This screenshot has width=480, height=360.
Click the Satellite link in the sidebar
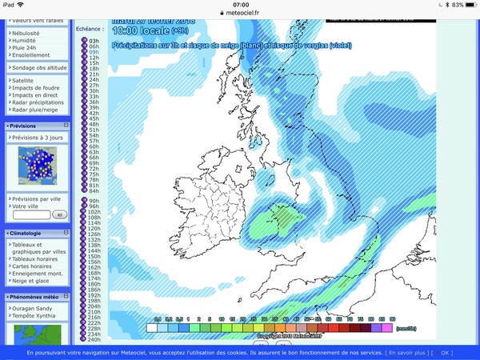(x=23, y=81)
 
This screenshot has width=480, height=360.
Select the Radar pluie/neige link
(x=34, y=110)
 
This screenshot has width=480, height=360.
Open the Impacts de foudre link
(x=37, y=88)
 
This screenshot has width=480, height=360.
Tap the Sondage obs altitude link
(x=38, y=68)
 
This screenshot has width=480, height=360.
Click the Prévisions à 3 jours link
(x=37, y=138)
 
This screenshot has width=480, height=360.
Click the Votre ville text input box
(x=31, y=214)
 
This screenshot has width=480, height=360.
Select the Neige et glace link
(x=31, y=282)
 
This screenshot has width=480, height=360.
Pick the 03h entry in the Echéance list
(x=93, y=41)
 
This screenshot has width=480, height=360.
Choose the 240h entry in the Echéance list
(x=93, y=339)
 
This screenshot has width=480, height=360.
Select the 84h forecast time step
(x=93, y=191)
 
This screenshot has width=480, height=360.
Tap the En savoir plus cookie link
(x=409, y=353)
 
